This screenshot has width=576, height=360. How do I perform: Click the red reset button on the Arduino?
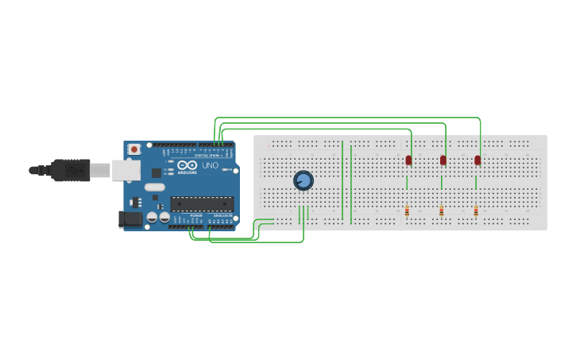coord(134,149)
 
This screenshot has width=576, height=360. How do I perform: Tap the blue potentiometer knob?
coord(303,181)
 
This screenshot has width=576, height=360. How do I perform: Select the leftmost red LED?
coord(408,161)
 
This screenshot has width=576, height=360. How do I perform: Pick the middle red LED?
coord(443,161)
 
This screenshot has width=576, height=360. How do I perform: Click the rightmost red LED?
coord(477,161)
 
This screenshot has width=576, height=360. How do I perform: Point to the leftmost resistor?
coord(407,211)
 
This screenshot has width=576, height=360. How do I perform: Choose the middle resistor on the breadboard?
coord(442,211)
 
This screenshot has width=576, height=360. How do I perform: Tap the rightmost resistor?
coord(476,211)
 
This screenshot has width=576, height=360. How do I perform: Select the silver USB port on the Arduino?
coord(125,170)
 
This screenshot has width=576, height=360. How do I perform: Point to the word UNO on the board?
coord(210,166)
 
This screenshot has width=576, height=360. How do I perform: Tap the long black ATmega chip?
coord(202,204)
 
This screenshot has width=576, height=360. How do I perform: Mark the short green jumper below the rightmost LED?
coord(476,183)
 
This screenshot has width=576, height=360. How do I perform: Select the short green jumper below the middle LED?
coord(442,183)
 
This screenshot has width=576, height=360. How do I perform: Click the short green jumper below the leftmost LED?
coord(407,183)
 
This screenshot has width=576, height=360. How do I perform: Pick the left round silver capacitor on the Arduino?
coord(152,217)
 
